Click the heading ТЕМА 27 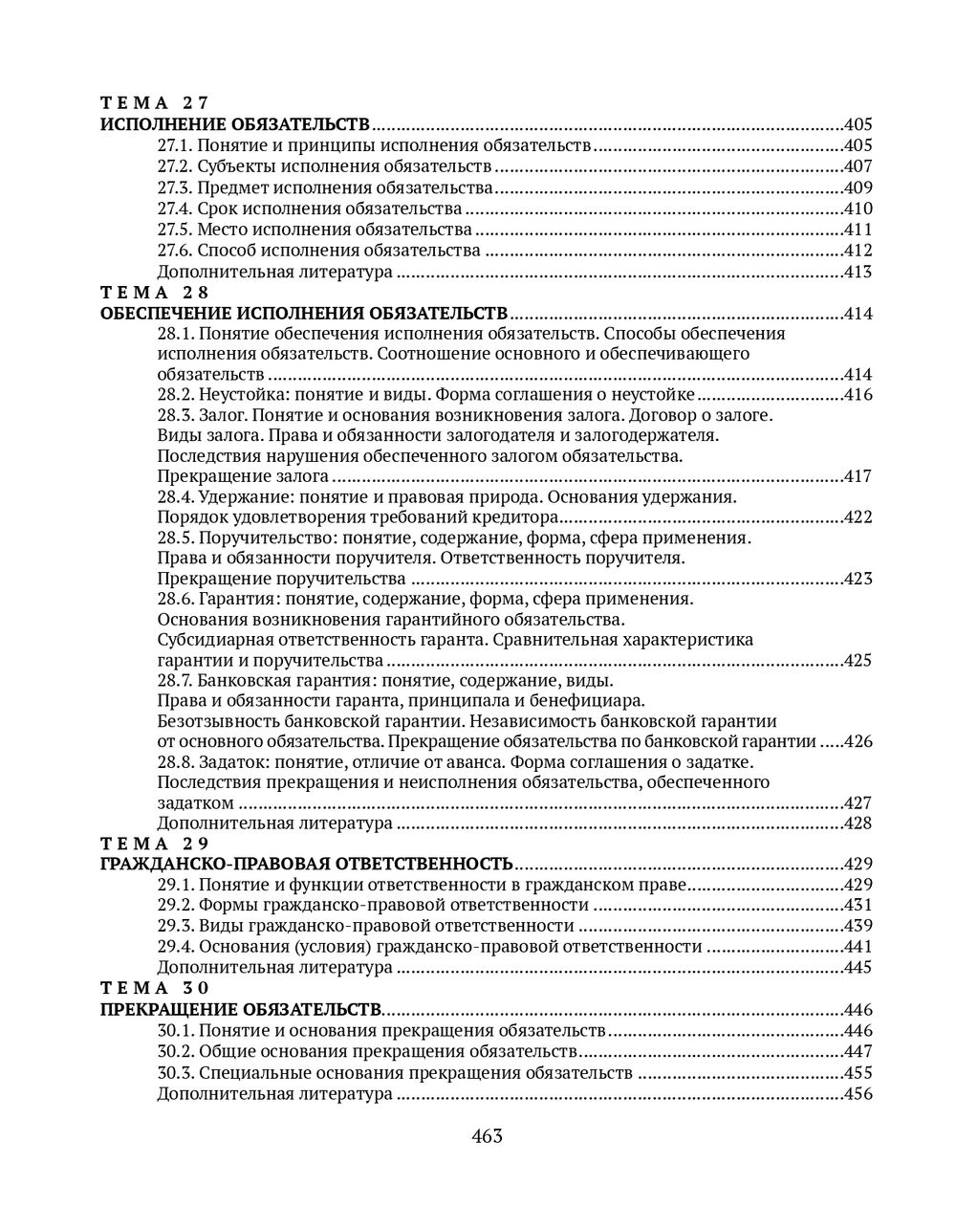[154, 103]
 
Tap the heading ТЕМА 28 [154, 293]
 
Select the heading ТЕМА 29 [154, 844]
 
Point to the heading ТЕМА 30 [154, 988]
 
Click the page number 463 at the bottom [487, 1136]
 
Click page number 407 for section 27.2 [858, 166]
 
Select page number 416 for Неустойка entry [858, 395]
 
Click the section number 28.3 [176, 415]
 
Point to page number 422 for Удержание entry [858, 517]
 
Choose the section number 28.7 [176, 681]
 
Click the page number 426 [858, 741]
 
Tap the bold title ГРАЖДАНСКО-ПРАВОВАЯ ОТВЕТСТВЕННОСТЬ [307, 864]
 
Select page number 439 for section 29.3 [858, 926]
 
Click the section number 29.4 [176, 947]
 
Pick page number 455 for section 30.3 [858, 1072]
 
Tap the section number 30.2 [176, 1052]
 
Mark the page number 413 [858, 272]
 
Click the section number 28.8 [176, 762]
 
